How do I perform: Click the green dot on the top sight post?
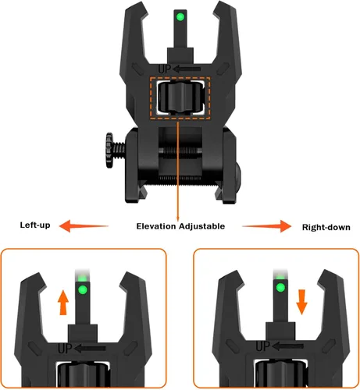(180, 17)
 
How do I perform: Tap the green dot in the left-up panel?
(83, 289)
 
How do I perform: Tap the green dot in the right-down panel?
(280, 288)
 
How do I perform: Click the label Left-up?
(35, 225)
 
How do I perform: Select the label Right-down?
(326, 227)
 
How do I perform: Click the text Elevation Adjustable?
(180, 226)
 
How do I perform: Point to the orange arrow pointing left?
(84, 225)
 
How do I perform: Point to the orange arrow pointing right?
(267, 226)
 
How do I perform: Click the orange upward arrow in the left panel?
(63, 303)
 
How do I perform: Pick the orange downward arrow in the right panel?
(301, 302)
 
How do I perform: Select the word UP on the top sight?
(165, 69)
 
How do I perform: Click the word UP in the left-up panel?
(65, 349)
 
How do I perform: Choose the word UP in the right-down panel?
(263, 346)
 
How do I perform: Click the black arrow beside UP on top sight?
(187, 69)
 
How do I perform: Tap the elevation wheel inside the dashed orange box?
(180, 98)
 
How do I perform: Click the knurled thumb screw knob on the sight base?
(109, 150)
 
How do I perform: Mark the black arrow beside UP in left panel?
(91, 349)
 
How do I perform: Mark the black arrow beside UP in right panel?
(288, 346)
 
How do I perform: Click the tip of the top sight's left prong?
(143, 2)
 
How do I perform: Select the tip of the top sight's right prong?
(218, 2)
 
